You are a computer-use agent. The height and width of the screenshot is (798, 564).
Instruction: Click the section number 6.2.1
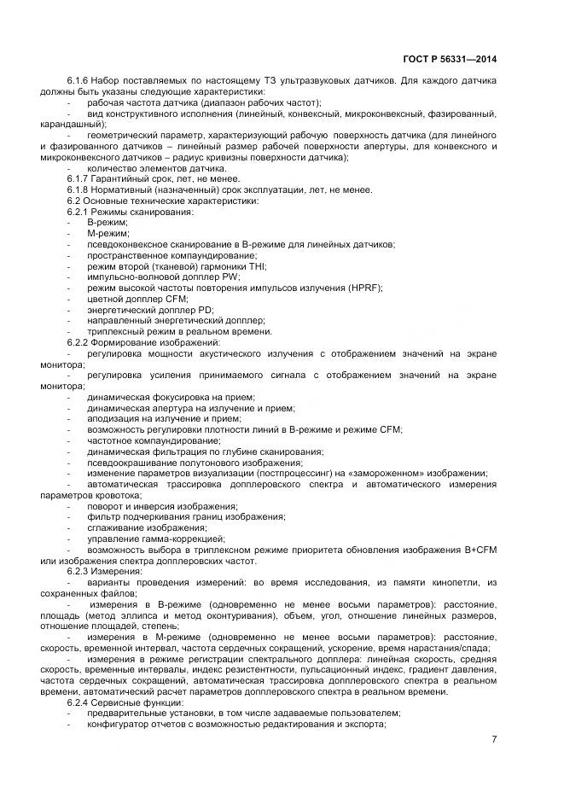(79, 211)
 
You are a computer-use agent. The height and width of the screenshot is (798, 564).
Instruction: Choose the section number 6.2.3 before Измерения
(79, 570)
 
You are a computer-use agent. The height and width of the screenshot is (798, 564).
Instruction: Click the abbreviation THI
(229, 265)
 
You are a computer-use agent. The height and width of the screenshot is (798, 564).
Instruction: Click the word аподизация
(113, 419)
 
